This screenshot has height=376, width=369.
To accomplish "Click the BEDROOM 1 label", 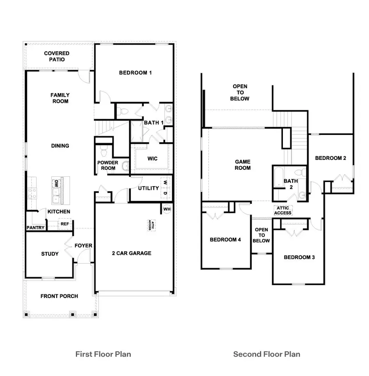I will [x=135, y=73].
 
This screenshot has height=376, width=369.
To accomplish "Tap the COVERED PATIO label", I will [x=57, y=56].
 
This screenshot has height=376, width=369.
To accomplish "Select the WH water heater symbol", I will [x=167, y=209].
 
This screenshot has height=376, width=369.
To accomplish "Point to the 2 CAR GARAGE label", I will [x=132, y=253].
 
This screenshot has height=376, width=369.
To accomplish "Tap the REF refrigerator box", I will [x=64, y=224].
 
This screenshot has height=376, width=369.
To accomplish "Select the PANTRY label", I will [x=35, y=228].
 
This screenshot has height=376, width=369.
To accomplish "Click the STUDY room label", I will [x=50, y=254].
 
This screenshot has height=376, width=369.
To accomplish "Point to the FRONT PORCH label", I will [x=59, y=296].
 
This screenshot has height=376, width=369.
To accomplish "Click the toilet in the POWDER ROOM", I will [x=104, y=153].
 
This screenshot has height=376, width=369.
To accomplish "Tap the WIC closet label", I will [x=152, y=159].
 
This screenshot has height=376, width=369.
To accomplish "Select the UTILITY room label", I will [x=148, y=188].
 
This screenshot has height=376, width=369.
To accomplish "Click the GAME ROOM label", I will [x=243, y=165].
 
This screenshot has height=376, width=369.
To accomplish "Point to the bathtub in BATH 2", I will [x=278, y=180].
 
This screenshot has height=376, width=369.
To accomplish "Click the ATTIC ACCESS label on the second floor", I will [x=283, y=210].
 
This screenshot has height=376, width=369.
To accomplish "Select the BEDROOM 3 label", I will [x=299, y=258].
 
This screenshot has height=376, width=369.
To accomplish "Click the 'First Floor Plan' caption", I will [x=103, y=353].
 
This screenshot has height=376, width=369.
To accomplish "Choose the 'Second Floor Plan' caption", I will [x=266, y=353].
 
